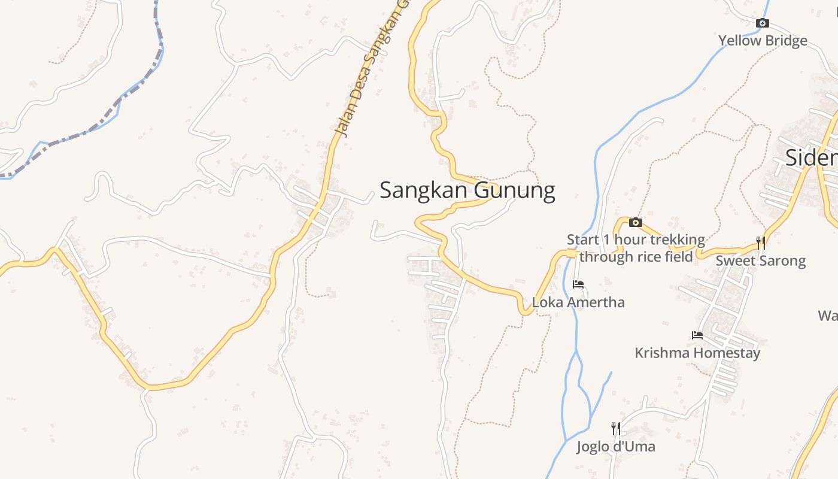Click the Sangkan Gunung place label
(x=467, y=190)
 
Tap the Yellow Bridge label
(x=763, y=41)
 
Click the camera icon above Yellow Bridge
(x=762, y=23)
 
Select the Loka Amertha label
(x=578, y=302)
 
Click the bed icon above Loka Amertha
(x=578, y=284)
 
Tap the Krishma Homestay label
(x=697, y=353)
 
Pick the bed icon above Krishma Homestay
(x=697, y=335)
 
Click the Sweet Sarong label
(x=761, y=261)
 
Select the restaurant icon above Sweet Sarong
(x=760, y=242)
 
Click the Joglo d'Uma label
(x=616, y=447)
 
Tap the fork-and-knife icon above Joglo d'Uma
(x=615, y=428)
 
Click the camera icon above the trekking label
(x=635, y=223)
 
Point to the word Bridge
(x=785, y=41)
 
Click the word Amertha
(x=595, y=302)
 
